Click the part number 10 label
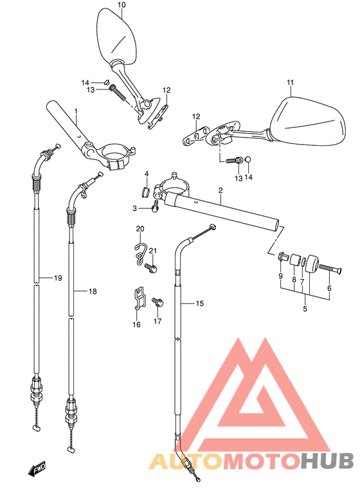tap(122, 4)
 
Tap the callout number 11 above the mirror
tap(290, 83)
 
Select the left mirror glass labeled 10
tap(116, 35)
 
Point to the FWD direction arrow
tap(37, 469)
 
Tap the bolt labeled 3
tap(156, 206)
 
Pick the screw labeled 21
tap(150, 267)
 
